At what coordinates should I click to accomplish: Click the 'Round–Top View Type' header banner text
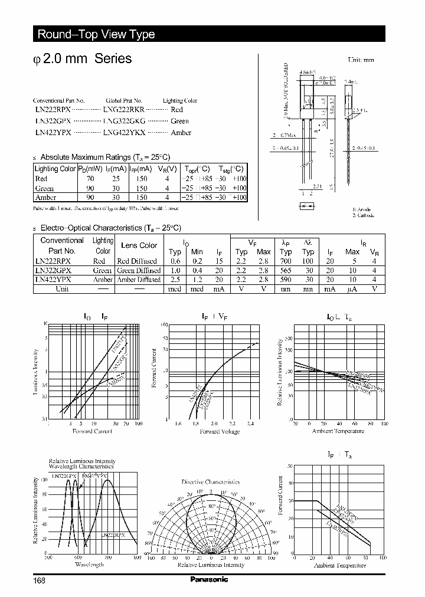tap(96, 34)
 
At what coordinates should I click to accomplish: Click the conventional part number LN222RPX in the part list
tap(53, 110)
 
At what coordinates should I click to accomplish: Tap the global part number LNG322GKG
tap(124, 121)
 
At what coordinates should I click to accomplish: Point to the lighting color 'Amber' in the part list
tap(181, 132)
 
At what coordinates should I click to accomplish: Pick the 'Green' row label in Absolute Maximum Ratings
tap(45, 188)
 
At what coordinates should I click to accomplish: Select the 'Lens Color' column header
tap(139, 245)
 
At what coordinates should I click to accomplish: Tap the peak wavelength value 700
tap(286, 261)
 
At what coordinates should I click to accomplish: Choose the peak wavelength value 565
tap(286, 270)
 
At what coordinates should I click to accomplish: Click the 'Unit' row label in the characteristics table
tap(62, 289)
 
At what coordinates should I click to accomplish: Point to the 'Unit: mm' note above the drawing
tap(361, 60)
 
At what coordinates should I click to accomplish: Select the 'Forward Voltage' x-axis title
tap(218, 432)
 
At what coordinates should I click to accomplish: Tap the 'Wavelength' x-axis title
tap(89, 565)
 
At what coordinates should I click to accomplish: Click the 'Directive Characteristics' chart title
tap(211, 482)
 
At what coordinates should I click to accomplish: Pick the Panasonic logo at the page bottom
tap(209, 580)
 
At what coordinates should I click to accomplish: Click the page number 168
tap(40, 580)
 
